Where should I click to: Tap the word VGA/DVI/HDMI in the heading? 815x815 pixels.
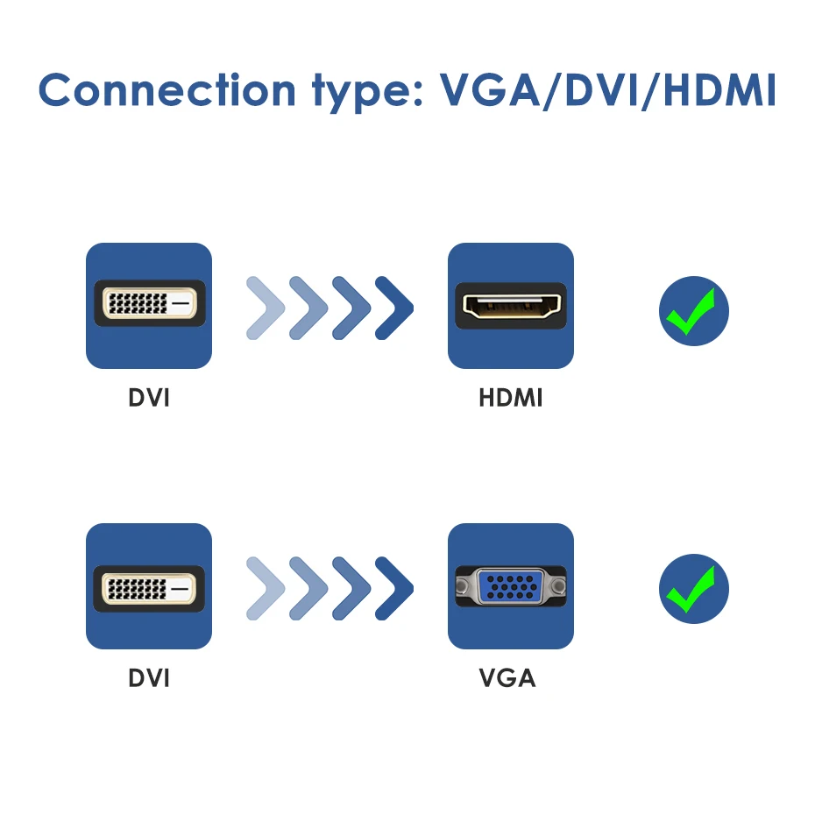tap(607, 90)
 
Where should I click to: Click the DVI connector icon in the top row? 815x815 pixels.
tap(149, 305)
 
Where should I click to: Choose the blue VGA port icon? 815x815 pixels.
tap(511, 585)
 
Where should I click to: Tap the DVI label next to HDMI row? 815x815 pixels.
tap(149, 398)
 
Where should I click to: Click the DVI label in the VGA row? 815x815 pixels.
tap(149, 678)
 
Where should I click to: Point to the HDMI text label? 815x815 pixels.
tap(511, 398)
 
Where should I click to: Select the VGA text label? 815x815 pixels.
tap(507, 678)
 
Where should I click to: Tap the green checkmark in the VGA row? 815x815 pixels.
tap(694, 589)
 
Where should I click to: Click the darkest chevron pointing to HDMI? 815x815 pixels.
tap(395, 308)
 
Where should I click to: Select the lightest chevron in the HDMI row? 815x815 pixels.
tap(266, 308)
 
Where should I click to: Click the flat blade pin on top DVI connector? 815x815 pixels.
tap(181, 305)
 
